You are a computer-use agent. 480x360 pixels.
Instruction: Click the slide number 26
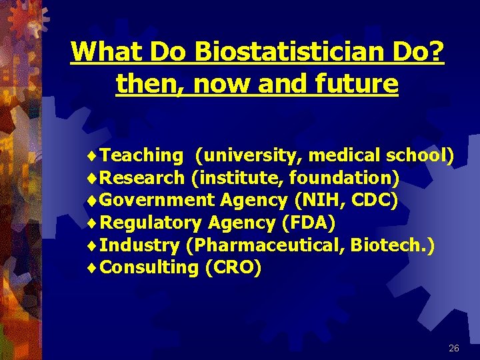click(x=454, y=348)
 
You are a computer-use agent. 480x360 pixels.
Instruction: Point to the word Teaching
click(x=143, y=155)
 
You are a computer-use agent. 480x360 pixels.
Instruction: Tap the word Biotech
click(x=392, y=245)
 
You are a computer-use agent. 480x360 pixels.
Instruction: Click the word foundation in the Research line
click(x=343, y=178)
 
